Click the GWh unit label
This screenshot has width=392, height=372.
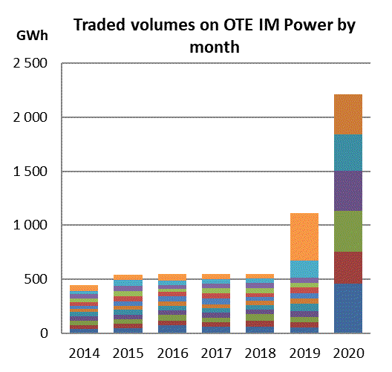(32, 36)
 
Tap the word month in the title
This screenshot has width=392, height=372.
(215, 47)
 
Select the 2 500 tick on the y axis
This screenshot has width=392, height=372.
(30, 63)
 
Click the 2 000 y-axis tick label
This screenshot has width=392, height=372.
(30, 117)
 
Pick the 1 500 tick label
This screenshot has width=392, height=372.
(30, 172)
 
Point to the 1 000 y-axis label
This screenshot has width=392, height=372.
(30, 225)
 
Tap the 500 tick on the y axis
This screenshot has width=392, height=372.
(36, 279)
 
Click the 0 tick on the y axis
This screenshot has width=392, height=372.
(44, 333)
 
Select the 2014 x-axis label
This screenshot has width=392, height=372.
(84, 353)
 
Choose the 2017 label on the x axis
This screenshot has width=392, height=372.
(217, 353)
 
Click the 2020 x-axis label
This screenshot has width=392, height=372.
(348, 353)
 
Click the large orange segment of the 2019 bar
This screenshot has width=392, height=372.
(304, 237)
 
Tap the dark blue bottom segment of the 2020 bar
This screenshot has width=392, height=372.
(348, 308)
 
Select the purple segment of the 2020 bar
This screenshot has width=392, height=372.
(348, 191)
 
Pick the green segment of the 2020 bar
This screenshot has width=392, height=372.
(348, 231)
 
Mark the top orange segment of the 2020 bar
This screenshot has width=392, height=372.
(348, 114)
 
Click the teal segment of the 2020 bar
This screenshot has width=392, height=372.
(348, 153)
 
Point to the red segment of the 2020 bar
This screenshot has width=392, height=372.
(348, 268)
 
